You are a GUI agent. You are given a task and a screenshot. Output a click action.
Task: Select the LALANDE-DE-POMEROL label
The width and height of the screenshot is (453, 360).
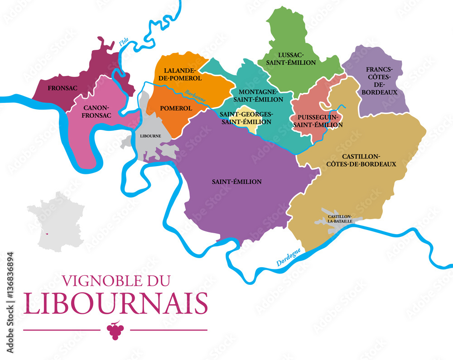pos(180,74)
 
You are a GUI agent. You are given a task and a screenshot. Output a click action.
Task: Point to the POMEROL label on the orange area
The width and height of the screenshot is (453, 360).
pos(175,109)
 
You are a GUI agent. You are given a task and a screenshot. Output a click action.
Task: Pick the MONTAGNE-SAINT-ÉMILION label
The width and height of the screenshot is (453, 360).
pos(257,96)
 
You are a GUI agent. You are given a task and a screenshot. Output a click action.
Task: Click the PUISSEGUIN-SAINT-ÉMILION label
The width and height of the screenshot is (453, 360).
pos(318,121)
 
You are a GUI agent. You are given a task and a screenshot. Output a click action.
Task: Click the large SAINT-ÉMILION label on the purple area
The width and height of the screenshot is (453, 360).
pos(236,182)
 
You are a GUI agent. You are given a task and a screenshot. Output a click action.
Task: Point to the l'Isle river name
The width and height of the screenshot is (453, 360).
pos(124,42)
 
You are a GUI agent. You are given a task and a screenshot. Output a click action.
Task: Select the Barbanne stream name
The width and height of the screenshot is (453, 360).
pos(195,96)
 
